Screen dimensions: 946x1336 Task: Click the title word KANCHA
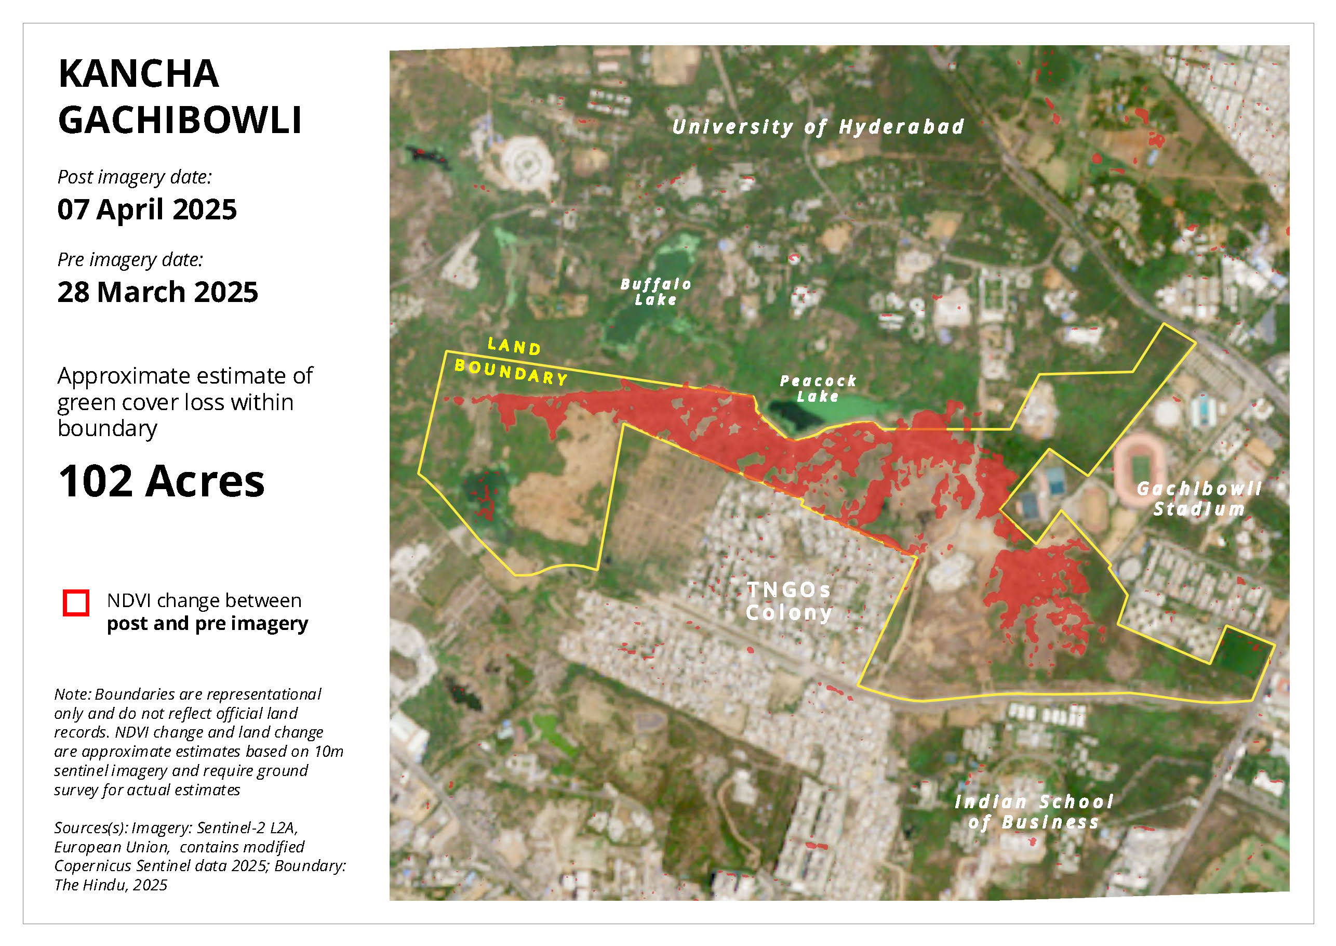tap(139, 74)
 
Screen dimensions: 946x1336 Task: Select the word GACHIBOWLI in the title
tap(180, 121)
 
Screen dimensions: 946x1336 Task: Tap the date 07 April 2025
tap(146, 209)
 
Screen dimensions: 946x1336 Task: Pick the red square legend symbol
tap(76, 603)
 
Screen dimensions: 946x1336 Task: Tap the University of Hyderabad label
tap(818, 127)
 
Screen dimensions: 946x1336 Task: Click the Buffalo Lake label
tap(656, 292)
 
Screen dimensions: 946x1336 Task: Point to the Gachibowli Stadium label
tap(1199, 498)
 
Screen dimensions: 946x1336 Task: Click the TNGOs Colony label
tap(789, 601)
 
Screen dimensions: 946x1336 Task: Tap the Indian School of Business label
tap(1034, 812)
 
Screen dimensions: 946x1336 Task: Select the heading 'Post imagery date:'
tap(135, 177)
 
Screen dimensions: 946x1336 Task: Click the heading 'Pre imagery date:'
tap(130, 260)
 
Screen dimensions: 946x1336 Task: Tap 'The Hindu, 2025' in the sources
tap(111, 885)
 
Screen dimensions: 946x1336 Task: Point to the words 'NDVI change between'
tap(204, 600)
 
